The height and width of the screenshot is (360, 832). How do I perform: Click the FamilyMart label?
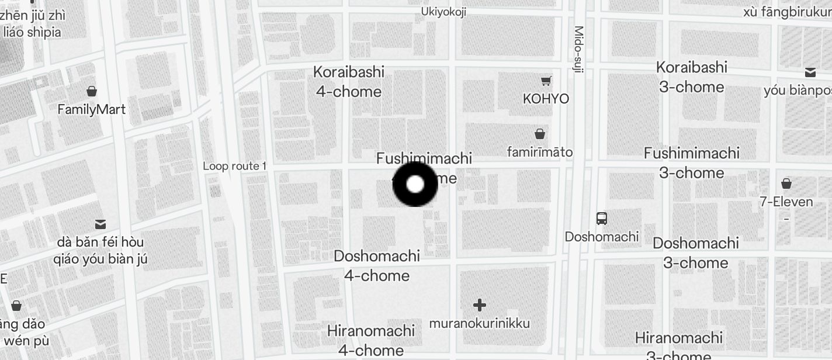click(91, 109)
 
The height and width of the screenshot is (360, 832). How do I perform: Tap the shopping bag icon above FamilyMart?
click(91, 91)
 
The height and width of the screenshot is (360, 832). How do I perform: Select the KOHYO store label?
click(546, 99)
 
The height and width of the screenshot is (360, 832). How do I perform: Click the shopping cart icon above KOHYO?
click(546, 81)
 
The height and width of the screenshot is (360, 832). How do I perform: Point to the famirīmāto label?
click(539, 152)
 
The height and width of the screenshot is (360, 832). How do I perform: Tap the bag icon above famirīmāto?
click(540, 134)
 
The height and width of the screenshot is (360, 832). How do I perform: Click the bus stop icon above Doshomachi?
click(602, 219)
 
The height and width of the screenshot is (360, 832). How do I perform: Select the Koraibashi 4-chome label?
click(349, 82)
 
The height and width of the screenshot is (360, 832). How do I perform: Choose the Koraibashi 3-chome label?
click(692, 77)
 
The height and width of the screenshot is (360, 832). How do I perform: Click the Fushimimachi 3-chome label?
click(692, 163)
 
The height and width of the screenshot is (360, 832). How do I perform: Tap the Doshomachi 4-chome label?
click(377, 266)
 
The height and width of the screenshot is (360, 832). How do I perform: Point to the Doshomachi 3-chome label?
click(695, 253)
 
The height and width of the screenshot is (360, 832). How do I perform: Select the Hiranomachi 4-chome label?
click(371, 340)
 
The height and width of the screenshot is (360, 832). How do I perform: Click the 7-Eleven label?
click(786, 202)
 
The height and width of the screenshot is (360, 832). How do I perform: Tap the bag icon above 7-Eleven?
click(786, 184)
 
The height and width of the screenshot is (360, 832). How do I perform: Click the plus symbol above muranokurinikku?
click(480, 305)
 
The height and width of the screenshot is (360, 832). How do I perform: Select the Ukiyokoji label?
click(443, 12)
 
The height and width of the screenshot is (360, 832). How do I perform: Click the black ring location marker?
click(415, 185)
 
